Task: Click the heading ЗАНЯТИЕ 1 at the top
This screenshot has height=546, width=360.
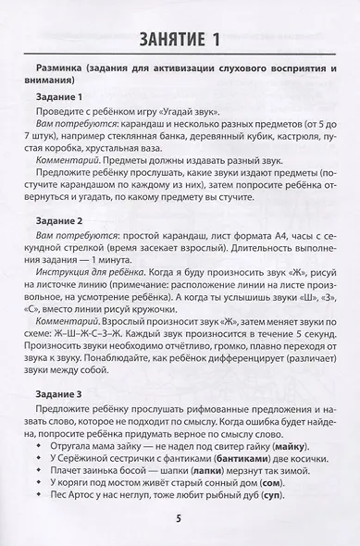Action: [180, 38]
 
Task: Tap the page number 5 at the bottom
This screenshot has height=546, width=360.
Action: [180, 516]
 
